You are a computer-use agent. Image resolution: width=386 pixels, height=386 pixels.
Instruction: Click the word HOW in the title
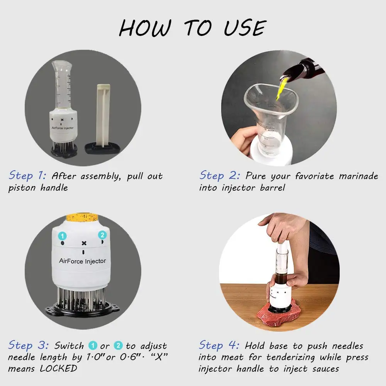click(x=145, y=28)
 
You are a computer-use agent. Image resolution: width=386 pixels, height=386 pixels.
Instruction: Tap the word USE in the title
click(x=245, y=28)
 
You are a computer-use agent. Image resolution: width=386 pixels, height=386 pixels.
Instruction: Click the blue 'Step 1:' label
click(x=27, y=176)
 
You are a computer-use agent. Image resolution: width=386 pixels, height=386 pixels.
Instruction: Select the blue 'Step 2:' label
click(x=220, y=176)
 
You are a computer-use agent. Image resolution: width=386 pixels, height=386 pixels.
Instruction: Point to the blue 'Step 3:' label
click(x=28, y=345)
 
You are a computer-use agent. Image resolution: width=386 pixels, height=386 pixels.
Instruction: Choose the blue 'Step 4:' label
click(x=219, y=345)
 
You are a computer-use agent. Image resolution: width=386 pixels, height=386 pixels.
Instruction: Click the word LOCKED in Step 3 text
click(x=58, y=369)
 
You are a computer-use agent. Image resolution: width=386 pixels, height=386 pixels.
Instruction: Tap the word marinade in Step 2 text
click(x=359, y=176)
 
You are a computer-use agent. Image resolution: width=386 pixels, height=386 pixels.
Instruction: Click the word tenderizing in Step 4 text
click(x=291, y=357)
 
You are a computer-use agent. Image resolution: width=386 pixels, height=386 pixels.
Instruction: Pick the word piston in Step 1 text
click(x=22, y=188)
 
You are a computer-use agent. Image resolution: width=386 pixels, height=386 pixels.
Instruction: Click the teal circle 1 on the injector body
click(x=62, y=236)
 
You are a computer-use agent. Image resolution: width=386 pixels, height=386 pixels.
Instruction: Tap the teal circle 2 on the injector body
click(x=102, y=235)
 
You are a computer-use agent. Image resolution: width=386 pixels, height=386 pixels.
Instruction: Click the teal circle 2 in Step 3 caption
click(x=118, y=345)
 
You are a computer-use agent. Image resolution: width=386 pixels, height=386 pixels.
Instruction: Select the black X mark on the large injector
click(x=84, y=243)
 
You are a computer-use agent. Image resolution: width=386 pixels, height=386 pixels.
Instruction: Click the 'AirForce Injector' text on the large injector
click(x=83, y=261)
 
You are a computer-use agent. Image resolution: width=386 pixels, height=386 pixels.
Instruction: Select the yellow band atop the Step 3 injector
click(x=82, y=217)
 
